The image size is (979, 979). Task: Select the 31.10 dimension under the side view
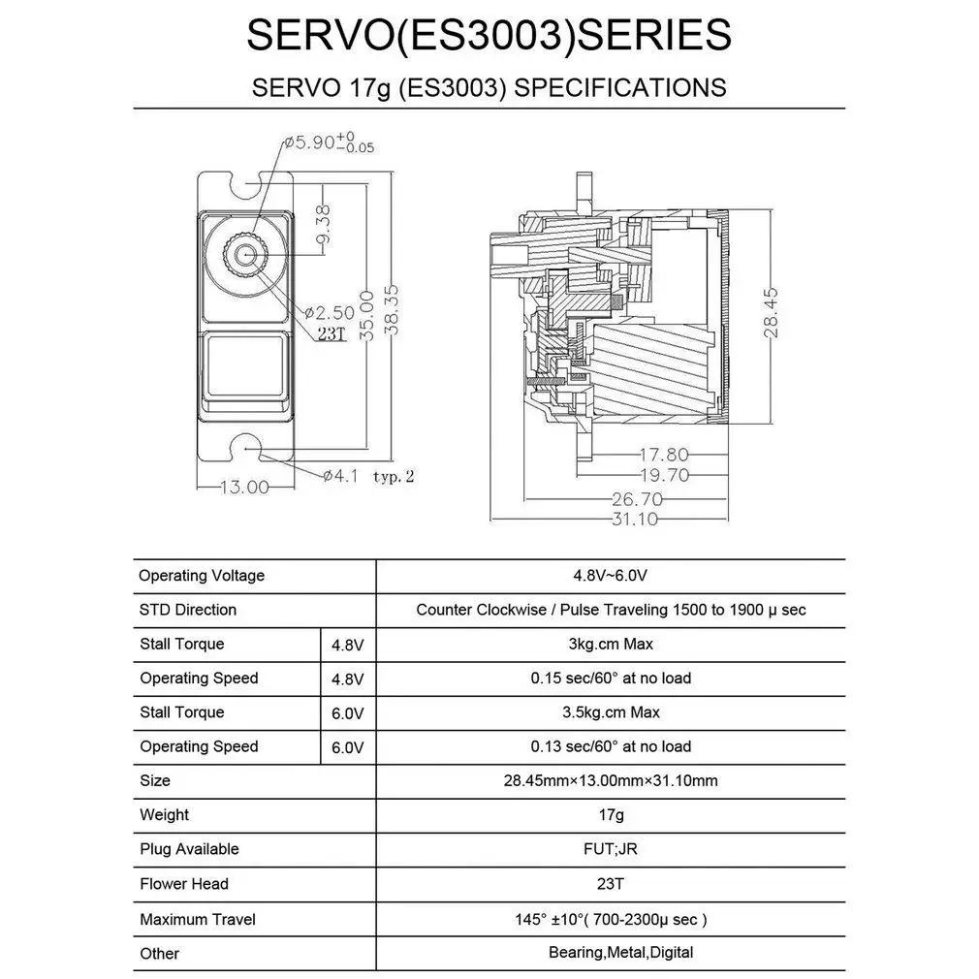click(x=635, y=520)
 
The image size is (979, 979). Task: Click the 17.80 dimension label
click(x=664, y=454)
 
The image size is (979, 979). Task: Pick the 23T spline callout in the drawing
click(x=331, y=333)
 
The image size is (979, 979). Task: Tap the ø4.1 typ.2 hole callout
click(x=368, y=476)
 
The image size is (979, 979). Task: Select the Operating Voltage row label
click(x=201, y=576)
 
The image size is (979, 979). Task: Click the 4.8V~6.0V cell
click(x=611, y=576)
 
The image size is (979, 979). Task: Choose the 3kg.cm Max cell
click(x=611, y=644)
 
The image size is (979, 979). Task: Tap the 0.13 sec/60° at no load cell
click(x=611, y=746)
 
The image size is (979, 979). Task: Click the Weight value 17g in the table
click(x=611, y=815)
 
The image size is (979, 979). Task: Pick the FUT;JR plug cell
click(x=611, y=849)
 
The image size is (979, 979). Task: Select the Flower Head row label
click(x=184, y=884)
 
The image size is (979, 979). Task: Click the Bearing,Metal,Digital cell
click(x=620, y=953)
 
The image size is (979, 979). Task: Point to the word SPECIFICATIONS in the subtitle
click(x=619, y=87)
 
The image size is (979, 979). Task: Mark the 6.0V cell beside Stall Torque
click(x=347, y=713)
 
